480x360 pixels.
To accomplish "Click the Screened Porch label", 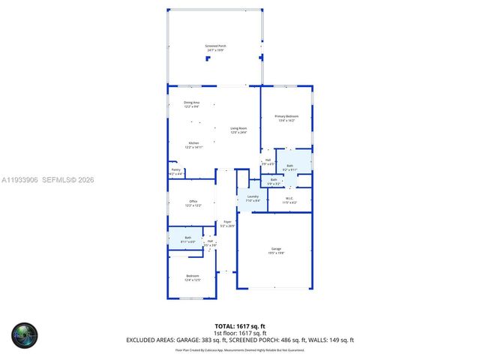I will point(216,47).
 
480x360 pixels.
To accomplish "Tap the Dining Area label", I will point(192,104).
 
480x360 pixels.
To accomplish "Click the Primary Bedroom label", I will point(286,118).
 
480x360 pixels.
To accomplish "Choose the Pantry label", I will point(175,171).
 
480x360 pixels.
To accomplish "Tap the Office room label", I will point(193,202).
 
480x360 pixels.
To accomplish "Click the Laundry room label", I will point(253,198).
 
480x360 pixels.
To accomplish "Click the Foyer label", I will point(227,223).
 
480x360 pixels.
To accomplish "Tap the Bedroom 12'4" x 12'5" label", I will point(193,278).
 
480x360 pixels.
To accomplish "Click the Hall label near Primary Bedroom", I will point(268,161).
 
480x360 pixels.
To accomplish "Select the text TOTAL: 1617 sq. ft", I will point(239,326).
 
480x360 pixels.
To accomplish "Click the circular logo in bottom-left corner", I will point(23,334).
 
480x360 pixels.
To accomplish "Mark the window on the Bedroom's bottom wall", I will point(190,298).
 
